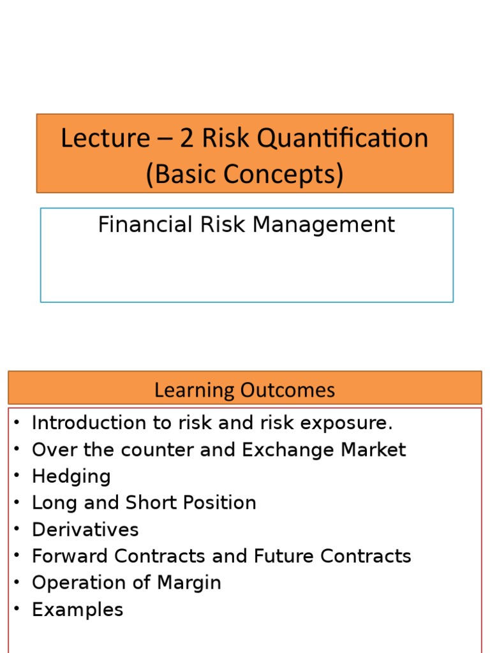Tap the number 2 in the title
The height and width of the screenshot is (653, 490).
point(187,138)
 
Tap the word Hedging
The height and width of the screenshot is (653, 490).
point(71,476)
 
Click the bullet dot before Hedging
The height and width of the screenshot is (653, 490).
point(16,476)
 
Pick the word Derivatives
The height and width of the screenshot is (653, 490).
point(85,529)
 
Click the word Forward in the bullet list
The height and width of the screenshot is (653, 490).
point(70,556)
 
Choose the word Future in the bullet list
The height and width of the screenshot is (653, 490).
point(284,556)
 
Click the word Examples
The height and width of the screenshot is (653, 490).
point(77,610)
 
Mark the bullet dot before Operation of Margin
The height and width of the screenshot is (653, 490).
point(16,583)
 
